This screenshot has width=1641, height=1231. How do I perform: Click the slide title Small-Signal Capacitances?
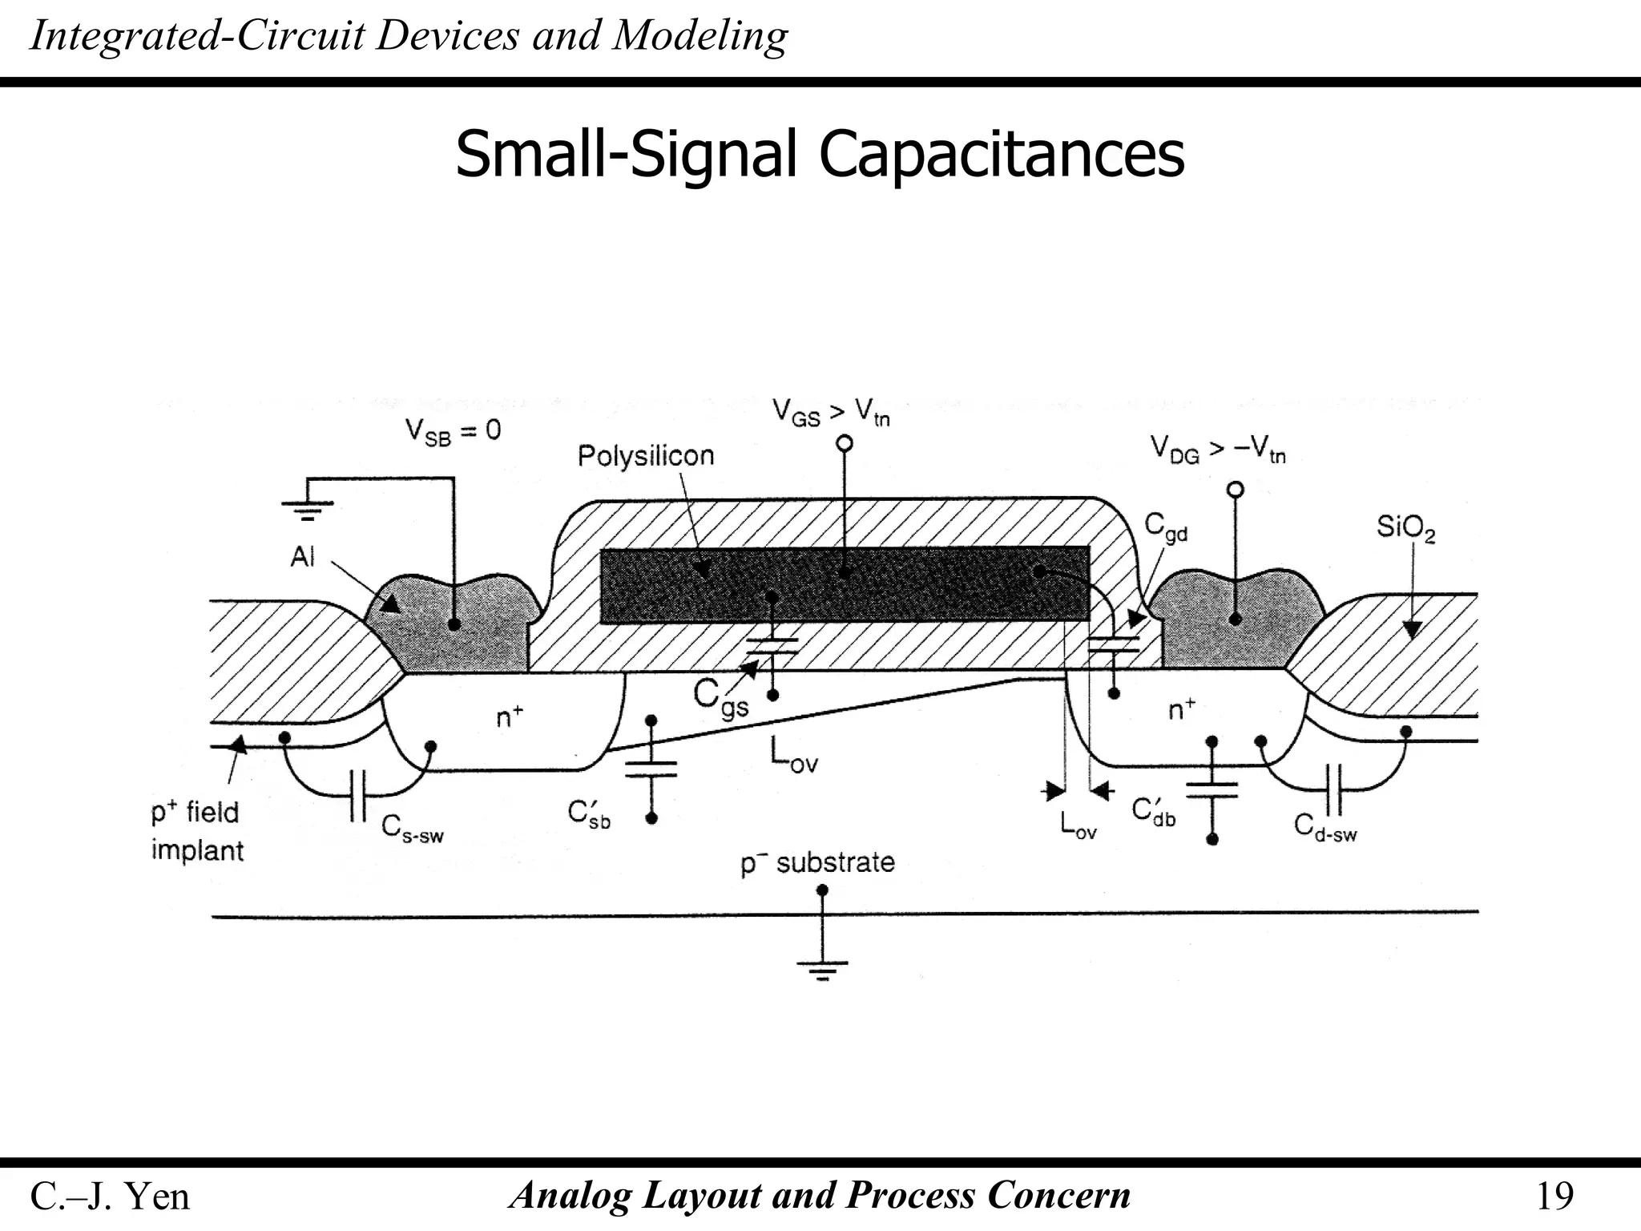[x=819, y=154]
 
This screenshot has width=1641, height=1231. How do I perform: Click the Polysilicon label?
[x=645, y=456]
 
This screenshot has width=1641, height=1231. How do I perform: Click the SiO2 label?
[x=1405, y=528]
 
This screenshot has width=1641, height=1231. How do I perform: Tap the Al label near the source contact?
[x=303, y=555]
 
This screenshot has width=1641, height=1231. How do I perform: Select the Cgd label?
[x=1165, y=527]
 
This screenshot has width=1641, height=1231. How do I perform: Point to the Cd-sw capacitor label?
[x=1325, y=828]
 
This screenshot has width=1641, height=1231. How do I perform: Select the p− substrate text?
[x=817, y=863]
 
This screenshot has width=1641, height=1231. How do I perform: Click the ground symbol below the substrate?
[x=822, y=969]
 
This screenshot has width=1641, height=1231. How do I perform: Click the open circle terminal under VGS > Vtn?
[x=844, y=443]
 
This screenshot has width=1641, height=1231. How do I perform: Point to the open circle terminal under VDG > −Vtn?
[x=1236, y=489]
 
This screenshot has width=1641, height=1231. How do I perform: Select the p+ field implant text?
[x=196, y=831]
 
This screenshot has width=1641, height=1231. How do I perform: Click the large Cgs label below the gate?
[x=721, y=699]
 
